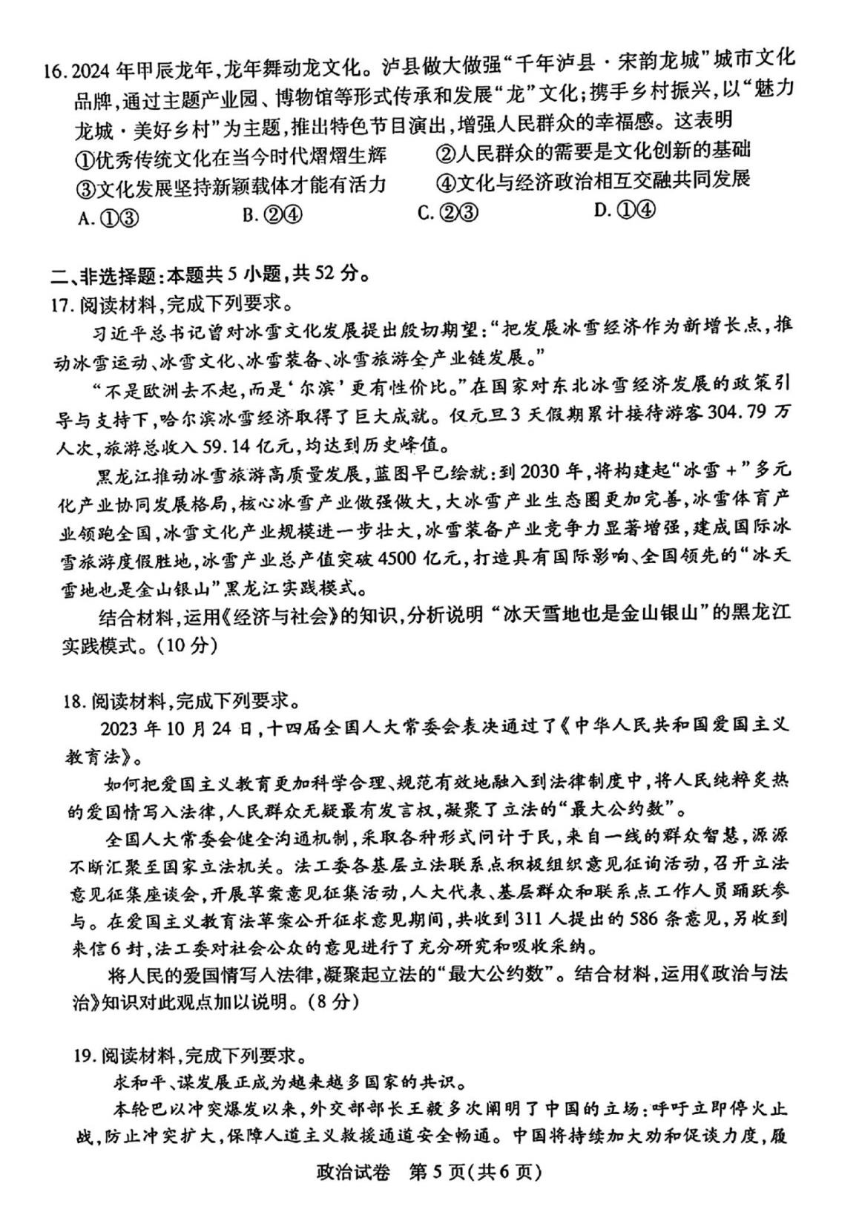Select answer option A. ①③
(x=108, y=217)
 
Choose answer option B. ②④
(x=272, y=215)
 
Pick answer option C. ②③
(x=448, y=214)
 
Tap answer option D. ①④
(x=625, y=211)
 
